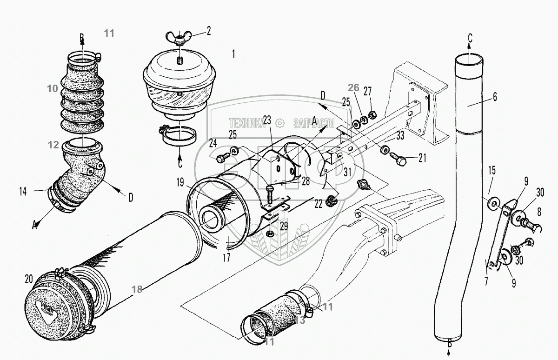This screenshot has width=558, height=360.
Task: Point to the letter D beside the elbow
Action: [x=130, y=197]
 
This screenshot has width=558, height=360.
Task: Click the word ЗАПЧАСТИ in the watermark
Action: [x=314, y=123]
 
